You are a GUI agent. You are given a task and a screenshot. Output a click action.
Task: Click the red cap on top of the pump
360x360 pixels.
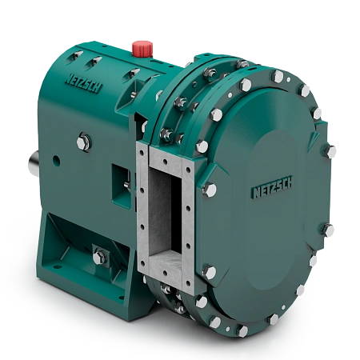(x=142, y=48)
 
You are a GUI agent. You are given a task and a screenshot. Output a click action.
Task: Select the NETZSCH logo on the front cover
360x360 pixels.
(x=272, y=187)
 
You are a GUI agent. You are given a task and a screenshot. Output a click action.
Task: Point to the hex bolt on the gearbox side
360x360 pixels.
(x=84, y=142)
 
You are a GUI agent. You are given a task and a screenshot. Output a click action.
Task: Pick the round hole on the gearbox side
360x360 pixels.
(x=56, y=161)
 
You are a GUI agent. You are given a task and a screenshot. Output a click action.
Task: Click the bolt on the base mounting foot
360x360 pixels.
(x=99, y=256)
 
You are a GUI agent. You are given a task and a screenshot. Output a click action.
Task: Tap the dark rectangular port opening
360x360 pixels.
(x=165, y=213)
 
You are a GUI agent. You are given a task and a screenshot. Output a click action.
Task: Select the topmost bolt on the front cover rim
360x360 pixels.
(x=278, y=76)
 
